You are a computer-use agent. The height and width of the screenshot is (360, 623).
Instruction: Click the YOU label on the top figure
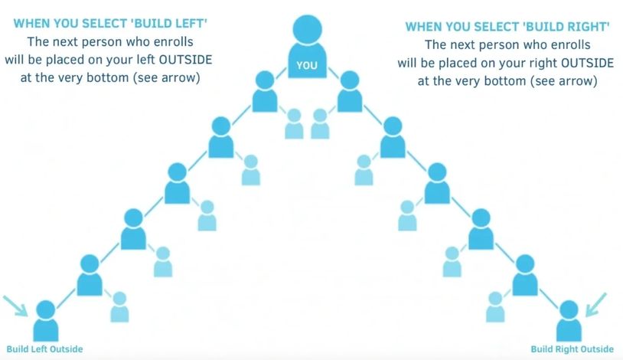(x=306, y=66)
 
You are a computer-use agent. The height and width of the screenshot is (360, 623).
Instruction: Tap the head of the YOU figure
(x=306, y=28)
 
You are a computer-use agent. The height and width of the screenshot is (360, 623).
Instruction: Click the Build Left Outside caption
(x=44, y=349)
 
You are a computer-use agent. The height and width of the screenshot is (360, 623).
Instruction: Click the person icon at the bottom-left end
(x=45, y=320)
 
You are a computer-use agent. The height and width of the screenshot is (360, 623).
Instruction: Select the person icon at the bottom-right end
(x=568, y=320)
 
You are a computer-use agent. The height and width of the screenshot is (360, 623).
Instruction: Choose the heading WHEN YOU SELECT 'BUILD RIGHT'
(x=507, y=27)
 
